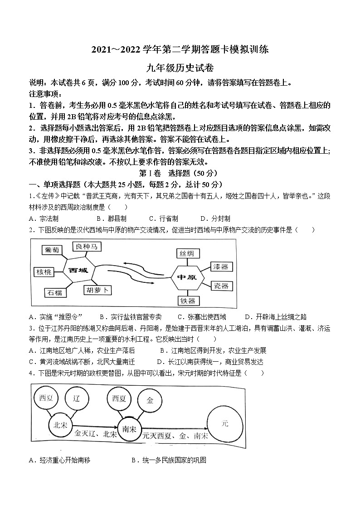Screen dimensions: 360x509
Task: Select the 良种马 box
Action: click(x=87, y=247)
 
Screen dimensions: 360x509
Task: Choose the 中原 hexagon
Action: click(x=187, y=277)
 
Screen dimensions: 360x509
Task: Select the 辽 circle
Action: click(x=77, y=399)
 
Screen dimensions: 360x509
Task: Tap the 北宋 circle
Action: click(x=60, y=425)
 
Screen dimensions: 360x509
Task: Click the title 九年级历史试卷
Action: click(x=180, y=68)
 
